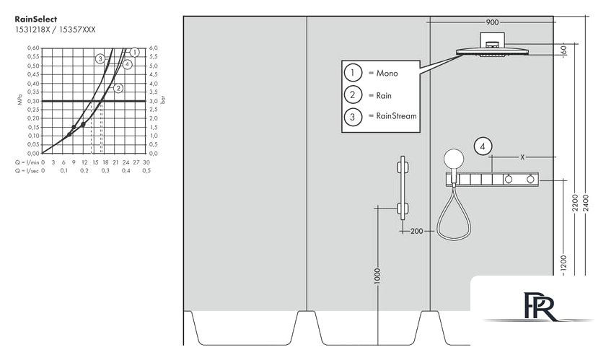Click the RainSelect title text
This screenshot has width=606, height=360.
pos(35,19)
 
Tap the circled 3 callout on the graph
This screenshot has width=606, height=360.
pos(100,58)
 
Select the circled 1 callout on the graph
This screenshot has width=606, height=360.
pos(134,52)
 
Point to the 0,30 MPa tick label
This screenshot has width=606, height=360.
pos(33,101)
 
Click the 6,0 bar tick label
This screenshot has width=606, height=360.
pos(154,48)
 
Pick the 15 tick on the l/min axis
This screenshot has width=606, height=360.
pos(95,162)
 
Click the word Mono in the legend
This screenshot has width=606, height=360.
pos(387,73)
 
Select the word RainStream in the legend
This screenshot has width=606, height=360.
pos(397,116)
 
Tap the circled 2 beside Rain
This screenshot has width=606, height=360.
pos(353,95)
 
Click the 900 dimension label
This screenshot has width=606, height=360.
pos(492,22)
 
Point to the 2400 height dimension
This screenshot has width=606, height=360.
pos(586,203)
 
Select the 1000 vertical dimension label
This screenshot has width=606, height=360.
pos(377,276)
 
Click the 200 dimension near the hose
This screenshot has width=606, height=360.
pos(417,232)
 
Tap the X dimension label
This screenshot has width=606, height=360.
pos(522,157)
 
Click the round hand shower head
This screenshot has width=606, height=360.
pos(454,159)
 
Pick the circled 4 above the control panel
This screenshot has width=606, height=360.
pos(483,146)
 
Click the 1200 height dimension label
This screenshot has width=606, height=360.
pos(563,265)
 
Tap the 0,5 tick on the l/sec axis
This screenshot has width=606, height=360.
pos(146,170)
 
